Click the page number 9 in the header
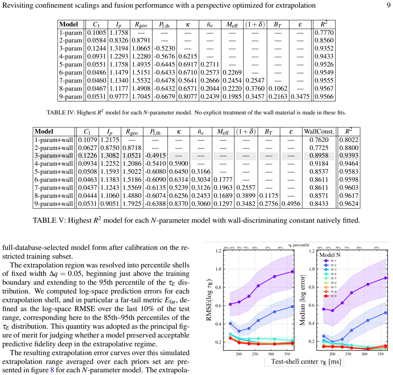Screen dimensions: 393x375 point(388,5)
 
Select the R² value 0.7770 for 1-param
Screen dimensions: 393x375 point(324,33)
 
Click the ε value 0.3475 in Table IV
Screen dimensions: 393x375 point(300,96)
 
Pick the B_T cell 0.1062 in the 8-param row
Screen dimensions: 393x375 point(278,88)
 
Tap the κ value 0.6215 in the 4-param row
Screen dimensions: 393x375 point(188,56)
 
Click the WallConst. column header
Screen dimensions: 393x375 point(319,131)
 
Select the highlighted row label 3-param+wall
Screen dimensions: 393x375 point(54,155)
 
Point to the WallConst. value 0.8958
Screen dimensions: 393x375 point(319,155)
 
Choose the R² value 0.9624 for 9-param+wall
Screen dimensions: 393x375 point(349,204)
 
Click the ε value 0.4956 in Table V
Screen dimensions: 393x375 point(291,204)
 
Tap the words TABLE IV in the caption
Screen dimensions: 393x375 point(60,112)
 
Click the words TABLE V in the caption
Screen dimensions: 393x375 point(49,220)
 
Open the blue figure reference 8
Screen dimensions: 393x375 point(52,370)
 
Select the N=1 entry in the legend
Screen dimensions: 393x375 point(330,261)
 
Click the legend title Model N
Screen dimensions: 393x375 point(330,255)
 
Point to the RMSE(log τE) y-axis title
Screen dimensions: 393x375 point(209,300)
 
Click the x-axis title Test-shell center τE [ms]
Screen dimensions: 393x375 point(304,362)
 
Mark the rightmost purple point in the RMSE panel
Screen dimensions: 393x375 point(292,272)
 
